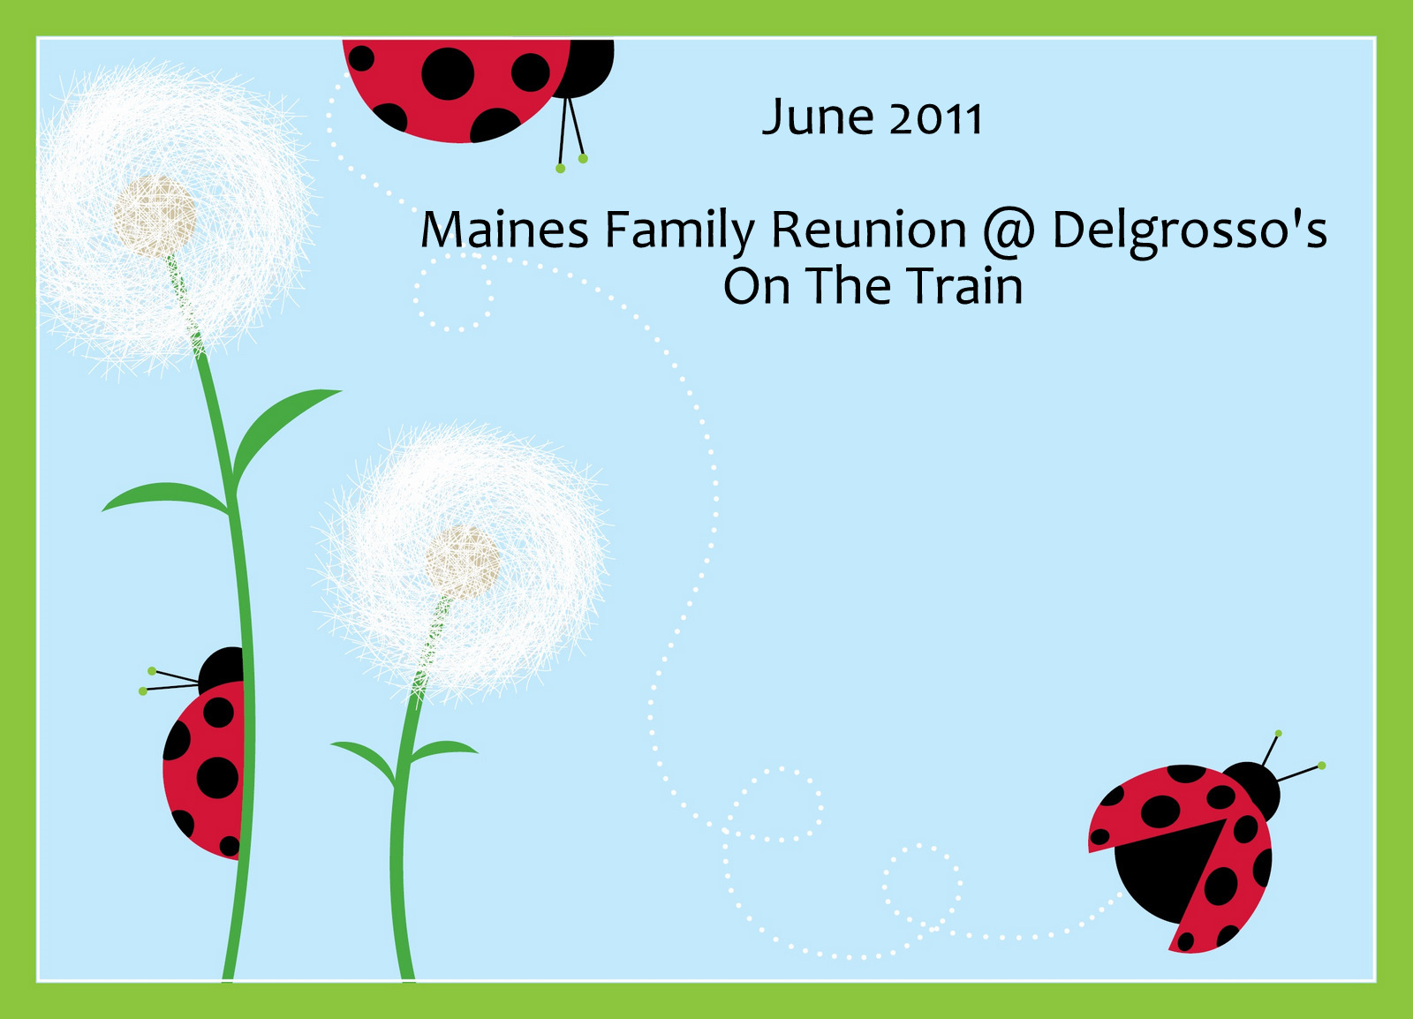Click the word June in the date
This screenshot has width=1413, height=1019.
tap(818, 117)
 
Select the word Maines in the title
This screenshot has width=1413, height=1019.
tap(504, 229)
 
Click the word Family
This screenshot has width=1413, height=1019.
tap(680, 233)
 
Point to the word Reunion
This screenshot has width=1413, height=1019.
tap(869, 229)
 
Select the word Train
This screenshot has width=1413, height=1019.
tap(964, 285)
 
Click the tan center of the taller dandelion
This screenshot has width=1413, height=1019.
tap(155, 216)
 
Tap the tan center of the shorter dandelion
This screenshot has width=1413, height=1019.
tap(463, 563)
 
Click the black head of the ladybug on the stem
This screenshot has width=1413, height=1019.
tap(222, 670)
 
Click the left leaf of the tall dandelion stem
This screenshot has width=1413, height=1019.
tap(165, 497)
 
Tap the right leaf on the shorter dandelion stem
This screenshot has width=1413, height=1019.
tap(442, 749)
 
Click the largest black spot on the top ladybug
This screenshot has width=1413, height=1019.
tap(448, 74)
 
